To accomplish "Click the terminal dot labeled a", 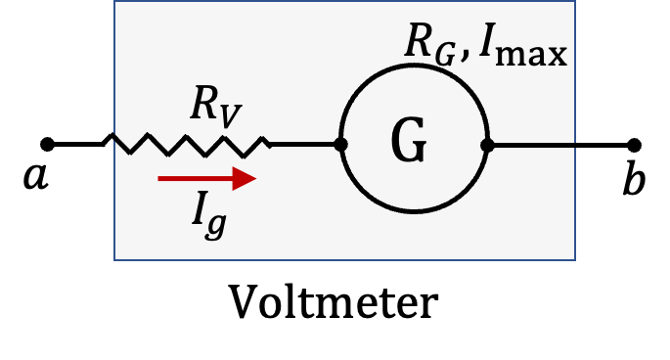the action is (x=47, y=145).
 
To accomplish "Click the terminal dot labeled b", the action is (x=634, y=145).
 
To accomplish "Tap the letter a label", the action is (x=36, y=177).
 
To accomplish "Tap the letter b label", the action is (x=634, y=177).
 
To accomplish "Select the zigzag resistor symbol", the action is (x=187, y=145).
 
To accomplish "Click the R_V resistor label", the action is (x=216, y=107).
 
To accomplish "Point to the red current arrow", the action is (x=206, y=178).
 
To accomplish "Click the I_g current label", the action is (x=209, y=215).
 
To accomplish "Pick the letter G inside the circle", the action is (x=409, y=139).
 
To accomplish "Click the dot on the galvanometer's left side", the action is (x=340, y=145).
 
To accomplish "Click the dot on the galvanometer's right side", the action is (x=487, y=146).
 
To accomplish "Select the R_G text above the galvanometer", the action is (x=429, y=44).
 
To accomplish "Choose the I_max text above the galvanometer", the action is (x=523, y=46).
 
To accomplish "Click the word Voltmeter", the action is (x=334, y=301).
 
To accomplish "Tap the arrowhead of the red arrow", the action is (x=245, y=178).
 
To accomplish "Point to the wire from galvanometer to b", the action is (x=560, y=146).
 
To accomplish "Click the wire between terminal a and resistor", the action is (x=78, y=145).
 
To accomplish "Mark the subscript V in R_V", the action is (x=232, y=116).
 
